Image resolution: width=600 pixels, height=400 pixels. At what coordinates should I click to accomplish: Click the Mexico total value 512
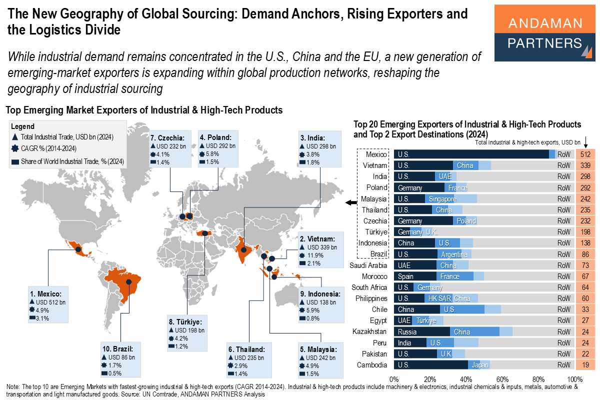[x=585, y=154]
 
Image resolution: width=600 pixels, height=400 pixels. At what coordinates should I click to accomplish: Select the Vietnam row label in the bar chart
[x=375, y=165]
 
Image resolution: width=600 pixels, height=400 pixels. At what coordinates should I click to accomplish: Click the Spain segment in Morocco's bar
[x=415, y=276]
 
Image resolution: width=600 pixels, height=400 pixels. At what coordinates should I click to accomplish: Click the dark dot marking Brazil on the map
[x=129, y=281]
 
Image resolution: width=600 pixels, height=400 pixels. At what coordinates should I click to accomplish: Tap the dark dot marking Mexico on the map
[x=78, y=249]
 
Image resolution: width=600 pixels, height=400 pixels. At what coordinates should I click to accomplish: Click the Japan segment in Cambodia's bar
[x=479, y=364]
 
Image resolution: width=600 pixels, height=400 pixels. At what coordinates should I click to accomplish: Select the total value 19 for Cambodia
[x=585, y=364]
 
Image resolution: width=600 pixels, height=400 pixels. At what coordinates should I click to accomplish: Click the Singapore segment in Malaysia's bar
[x=450, y=199]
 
